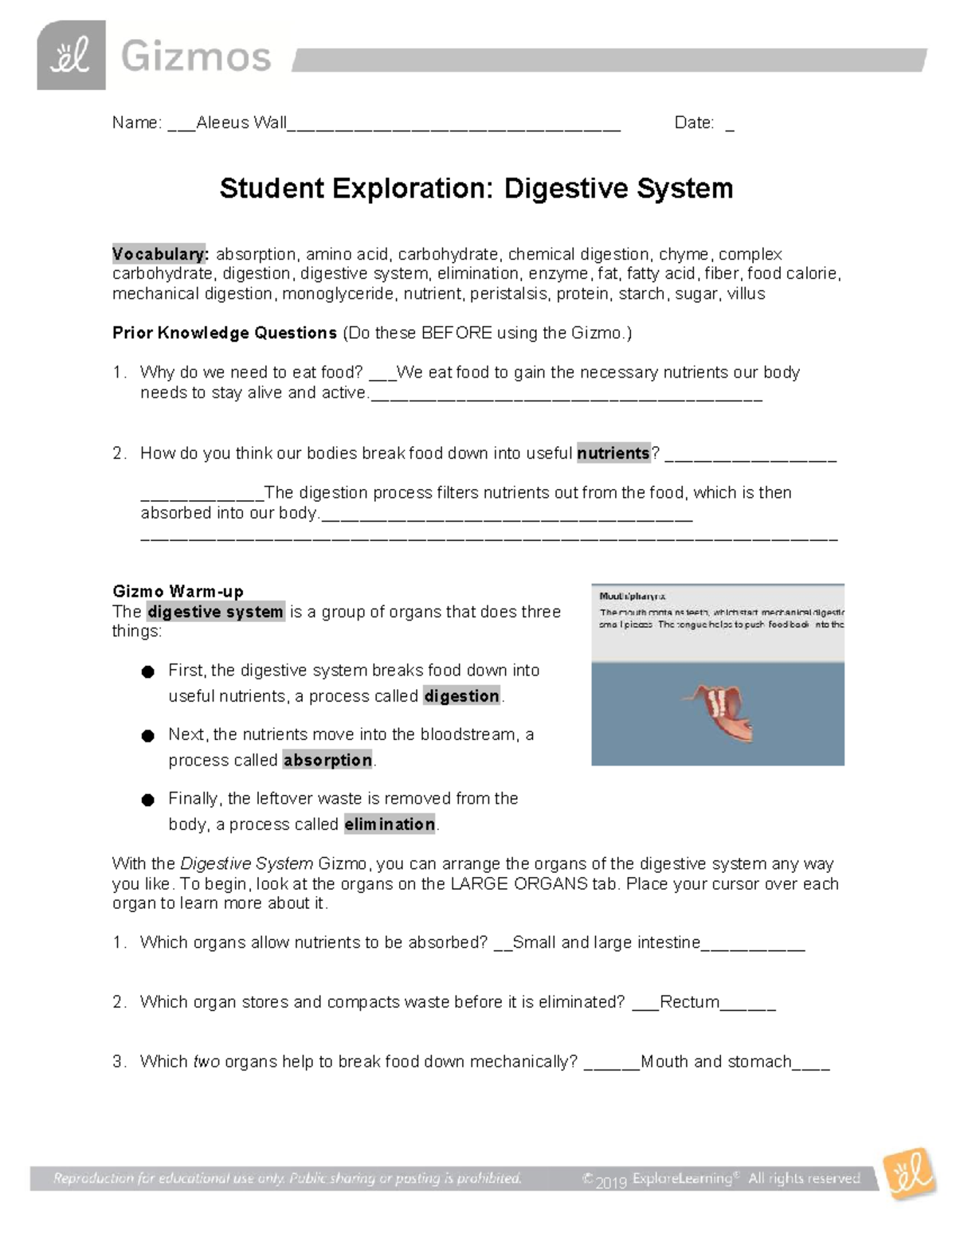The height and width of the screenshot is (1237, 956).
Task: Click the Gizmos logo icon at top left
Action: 71,56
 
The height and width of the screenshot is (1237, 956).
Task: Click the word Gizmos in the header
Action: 196,57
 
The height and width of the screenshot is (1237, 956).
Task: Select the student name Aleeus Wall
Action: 241,123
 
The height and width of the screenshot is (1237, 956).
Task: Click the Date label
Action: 694,123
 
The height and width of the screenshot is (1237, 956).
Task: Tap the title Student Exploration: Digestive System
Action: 476,189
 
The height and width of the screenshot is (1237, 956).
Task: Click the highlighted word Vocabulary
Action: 160,254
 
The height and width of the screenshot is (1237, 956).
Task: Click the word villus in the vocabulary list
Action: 746,294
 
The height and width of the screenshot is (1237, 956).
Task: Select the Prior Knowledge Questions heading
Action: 225,333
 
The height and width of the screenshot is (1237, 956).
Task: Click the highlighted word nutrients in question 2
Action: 613,453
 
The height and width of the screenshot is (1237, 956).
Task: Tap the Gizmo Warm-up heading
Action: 178,591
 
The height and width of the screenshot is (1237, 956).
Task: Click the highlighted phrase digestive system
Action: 215,612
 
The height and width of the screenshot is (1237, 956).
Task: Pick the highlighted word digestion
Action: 461,696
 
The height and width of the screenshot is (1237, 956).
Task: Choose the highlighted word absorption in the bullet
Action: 327,760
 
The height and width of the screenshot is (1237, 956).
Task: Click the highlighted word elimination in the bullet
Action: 390,824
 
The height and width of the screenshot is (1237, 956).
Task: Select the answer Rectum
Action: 689,1002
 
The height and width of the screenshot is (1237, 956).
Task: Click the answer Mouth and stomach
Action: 715,1062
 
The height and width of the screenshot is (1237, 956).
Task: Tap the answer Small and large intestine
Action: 606,943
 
